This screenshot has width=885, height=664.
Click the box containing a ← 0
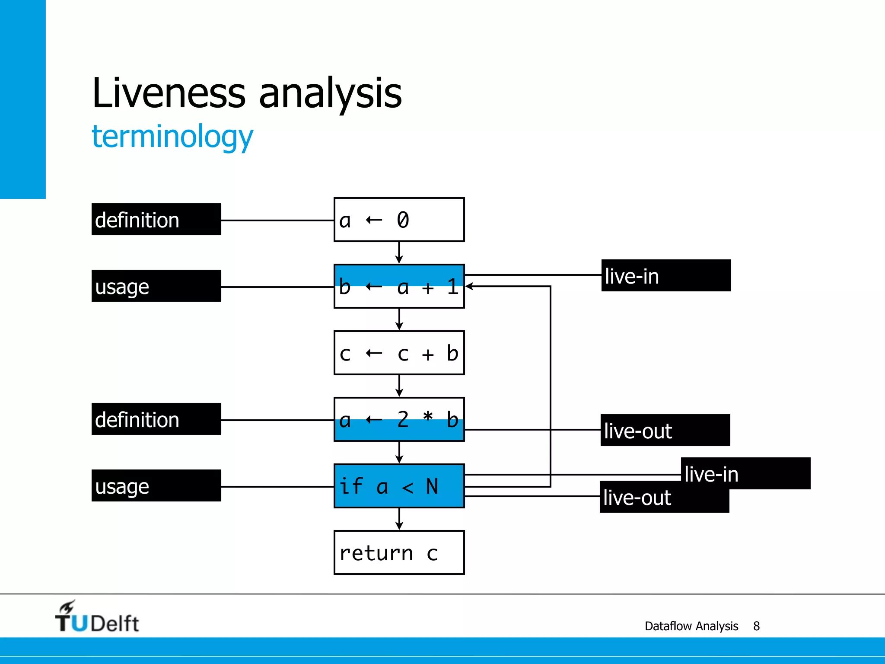click(399, 220)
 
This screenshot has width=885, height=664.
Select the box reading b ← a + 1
click(399, 286)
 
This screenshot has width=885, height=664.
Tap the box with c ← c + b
click(399, 353)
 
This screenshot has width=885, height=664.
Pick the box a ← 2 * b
click(399, 419)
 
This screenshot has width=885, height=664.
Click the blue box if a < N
click(399, 486)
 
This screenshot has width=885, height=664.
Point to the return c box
click(399, 552)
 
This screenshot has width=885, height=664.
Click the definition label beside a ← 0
click(156, 220)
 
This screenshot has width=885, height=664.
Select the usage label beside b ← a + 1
click(156, 286)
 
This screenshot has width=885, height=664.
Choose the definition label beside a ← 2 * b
click(156, 419)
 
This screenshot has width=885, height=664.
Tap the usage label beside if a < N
click(156, 486)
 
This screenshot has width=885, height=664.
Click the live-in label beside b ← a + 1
click(666, 276)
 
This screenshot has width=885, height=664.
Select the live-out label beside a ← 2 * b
click(665, 431)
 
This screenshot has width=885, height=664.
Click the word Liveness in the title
click(169, 93)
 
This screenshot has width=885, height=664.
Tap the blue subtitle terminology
click(172, 137)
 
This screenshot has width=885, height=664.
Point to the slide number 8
click(756, 626)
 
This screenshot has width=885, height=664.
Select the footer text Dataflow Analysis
click(691, 626)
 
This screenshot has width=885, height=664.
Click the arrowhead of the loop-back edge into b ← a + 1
click(469, 286)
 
